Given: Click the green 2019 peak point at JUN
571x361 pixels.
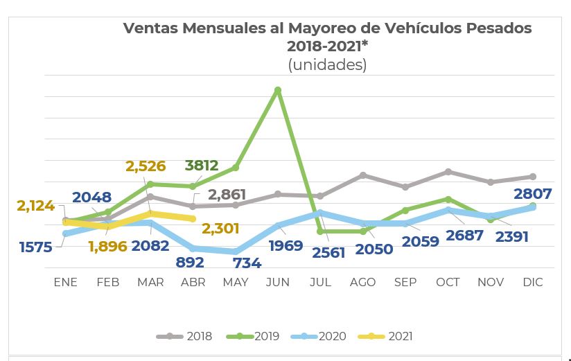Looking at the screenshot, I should [x=278, y=90].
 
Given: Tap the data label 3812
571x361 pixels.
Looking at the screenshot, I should [x=202, y=166].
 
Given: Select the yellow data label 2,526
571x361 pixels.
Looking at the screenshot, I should [x=146, y=166].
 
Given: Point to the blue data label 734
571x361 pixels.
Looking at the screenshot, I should [x=247, y=263].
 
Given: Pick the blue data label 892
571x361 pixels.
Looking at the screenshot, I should [x=190, y=263].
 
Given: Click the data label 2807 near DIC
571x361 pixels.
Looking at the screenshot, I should [x=534, y=194].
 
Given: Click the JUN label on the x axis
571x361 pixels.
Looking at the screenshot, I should [x=278, y=282].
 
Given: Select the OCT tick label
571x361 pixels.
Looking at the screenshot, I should [x=448, y=282].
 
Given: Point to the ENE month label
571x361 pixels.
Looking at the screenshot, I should [x=66, y=282].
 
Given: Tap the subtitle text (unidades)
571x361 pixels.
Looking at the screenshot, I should [x=327, y=64].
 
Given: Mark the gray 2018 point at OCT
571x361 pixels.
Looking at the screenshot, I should [x=448, y=171].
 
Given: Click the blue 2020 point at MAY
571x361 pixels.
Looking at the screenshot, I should [x=236, y=252].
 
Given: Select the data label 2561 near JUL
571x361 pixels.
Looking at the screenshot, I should [x=328, y=252].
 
